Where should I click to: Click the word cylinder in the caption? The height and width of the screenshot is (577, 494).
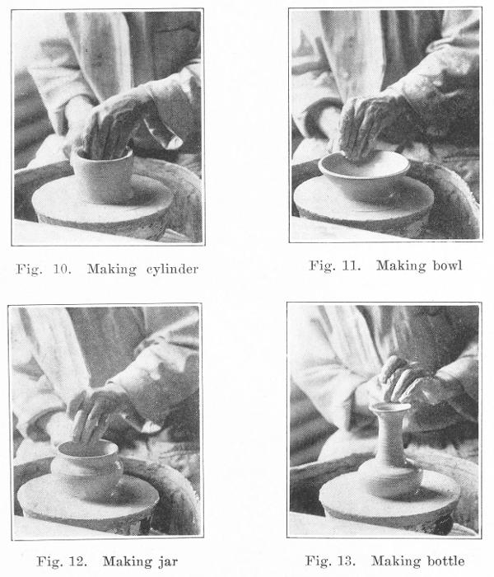[x=172, y=270]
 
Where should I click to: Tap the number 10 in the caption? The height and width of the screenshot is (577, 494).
[x=62, y=269]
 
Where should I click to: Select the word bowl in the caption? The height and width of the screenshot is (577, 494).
[x=447, y=265]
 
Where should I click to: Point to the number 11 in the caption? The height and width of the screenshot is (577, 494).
[x=351, y=265]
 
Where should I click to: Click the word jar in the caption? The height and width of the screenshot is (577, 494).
[x=168, y=562]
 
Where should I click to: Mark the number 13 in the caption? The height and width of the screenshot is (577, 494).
[x=347, y=561]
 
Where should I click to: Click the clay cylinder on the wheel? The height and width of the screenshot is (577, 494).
[x=103, y=174]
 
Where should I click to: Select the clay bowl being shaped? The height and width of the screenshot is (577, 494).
[x=364, y=175]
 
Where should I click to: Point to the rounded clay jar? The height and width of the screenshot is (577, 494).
[x=86, y=468]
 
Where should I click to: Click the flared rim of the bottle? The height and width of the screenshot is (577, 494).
[x=389, y=407]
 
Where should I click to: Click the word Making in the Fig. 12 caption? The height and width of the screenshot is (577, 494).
[x=127, y=562]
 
